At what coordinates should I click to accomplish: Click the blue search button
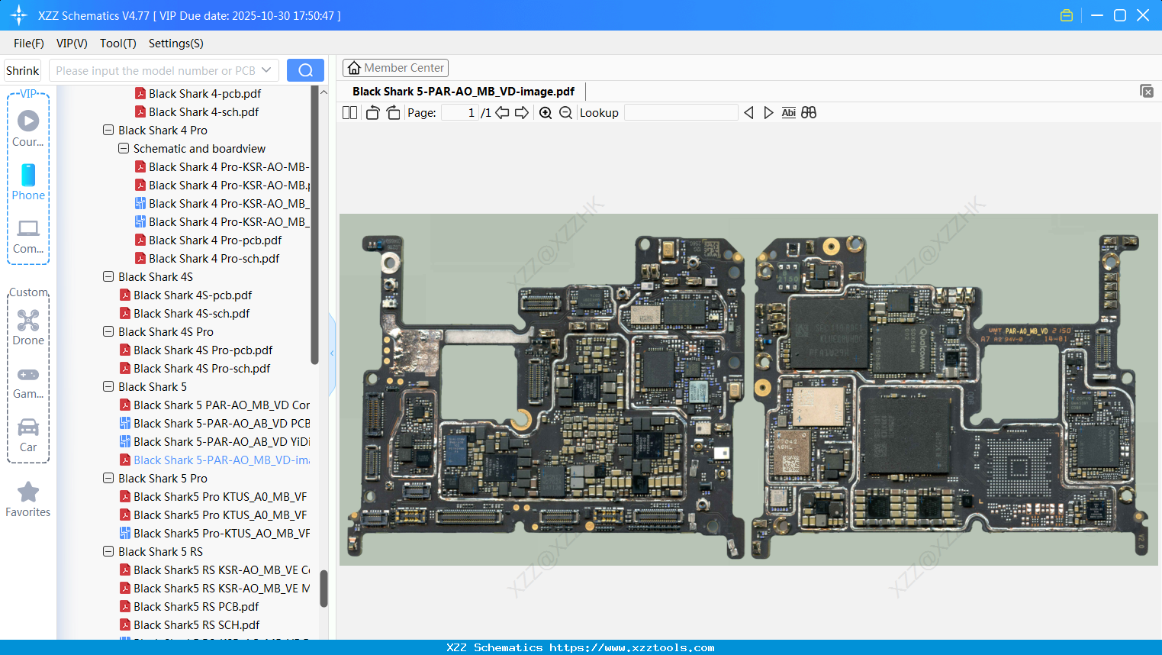coord(305,70)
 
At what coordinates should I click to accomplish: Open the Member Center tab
coord(395,68)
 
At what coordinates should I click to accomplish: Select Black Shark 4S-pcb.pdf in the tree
coord(192,295)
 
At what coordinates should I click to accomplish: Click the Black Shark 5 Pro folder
coord(163,479)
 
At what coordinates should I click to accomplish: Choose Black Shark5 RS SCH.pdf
coord(196,625)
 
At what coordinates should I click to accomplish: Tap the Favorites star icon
coord(28,492)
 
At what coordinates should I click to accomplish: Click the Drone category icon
coord(28,321)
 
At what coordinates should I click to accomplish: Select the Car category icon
coord(28,428)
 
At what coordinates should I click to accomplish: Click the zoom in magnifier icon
coord(546,113)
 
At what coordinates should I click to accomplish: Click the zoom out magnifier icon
coord(565,113)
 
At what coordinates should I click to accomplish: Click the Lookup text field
coord(681,113)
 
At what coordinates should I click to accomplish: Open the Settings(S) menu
coord(175,44)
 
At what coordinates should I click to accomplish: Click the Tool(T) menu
coord(117,44)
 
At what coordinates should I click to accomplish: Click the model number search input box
coord(156,71)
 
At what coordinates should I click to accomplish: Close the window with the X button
coord(1143,15)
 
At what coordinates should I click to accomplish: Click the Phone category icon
coord(28,176)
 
